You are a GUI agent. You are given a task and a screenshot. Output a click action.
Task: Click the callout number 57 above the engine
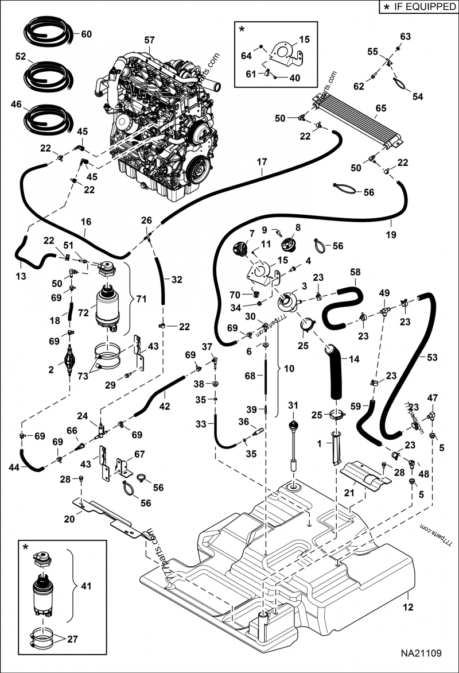[149, 40]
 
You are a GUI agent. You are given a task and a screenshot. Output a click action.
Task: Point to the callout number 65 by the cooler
[380, 107]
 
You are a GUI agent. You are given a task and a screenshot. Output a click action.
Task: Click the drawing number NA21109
[421, 653]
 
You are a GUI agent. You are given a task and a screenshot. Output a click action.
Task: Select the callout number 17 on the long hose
[262, 161]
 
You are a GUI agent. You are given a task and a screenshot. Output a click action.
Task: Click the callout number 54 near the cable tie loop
[417, 96]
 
